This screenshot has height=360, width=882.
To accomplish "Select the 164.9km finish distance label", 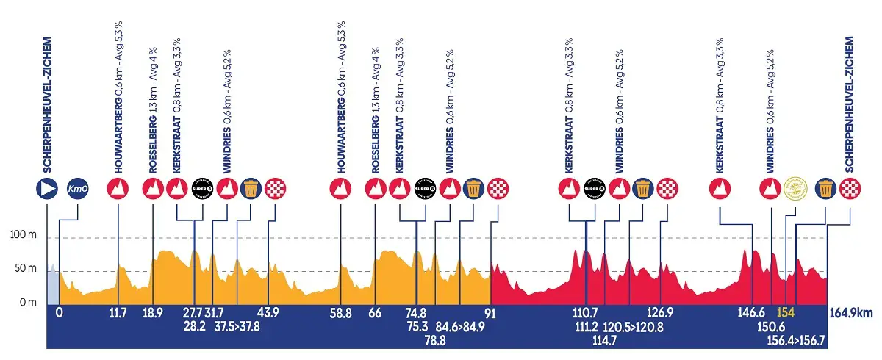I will pos(851,313).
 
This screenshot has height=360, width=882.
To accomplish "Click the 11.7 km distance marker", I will pos(118,313).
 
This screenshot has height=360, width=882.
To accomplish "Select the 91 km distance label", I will pos(490,313).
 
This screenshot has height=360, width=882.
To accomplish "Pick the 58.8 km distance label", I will pos(341,313).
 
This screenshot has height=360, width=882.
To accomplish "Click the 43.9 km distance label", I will pos(268,313).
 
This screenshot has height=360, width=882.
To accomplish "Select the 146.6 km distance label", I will pos(752,313).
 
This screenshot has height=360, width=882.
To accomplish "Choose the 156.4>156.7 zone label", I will pos(796,340).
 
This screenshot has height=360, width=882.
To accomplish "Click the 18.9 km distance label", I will pos(152,313).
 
